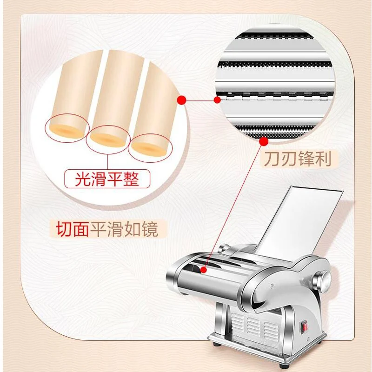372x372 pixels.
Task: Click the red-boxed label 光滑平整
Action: (x=107, y=179)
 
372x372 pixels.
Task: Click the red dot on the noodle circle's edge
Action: (x=183, y=99)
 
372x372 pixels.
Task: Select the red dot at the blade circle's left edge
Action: (x=217, y=99)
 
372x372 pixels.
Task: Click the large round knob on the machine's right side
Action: (x=321, y=281)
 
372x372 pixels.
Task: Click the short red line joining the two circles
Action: (x=199, y=99)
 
